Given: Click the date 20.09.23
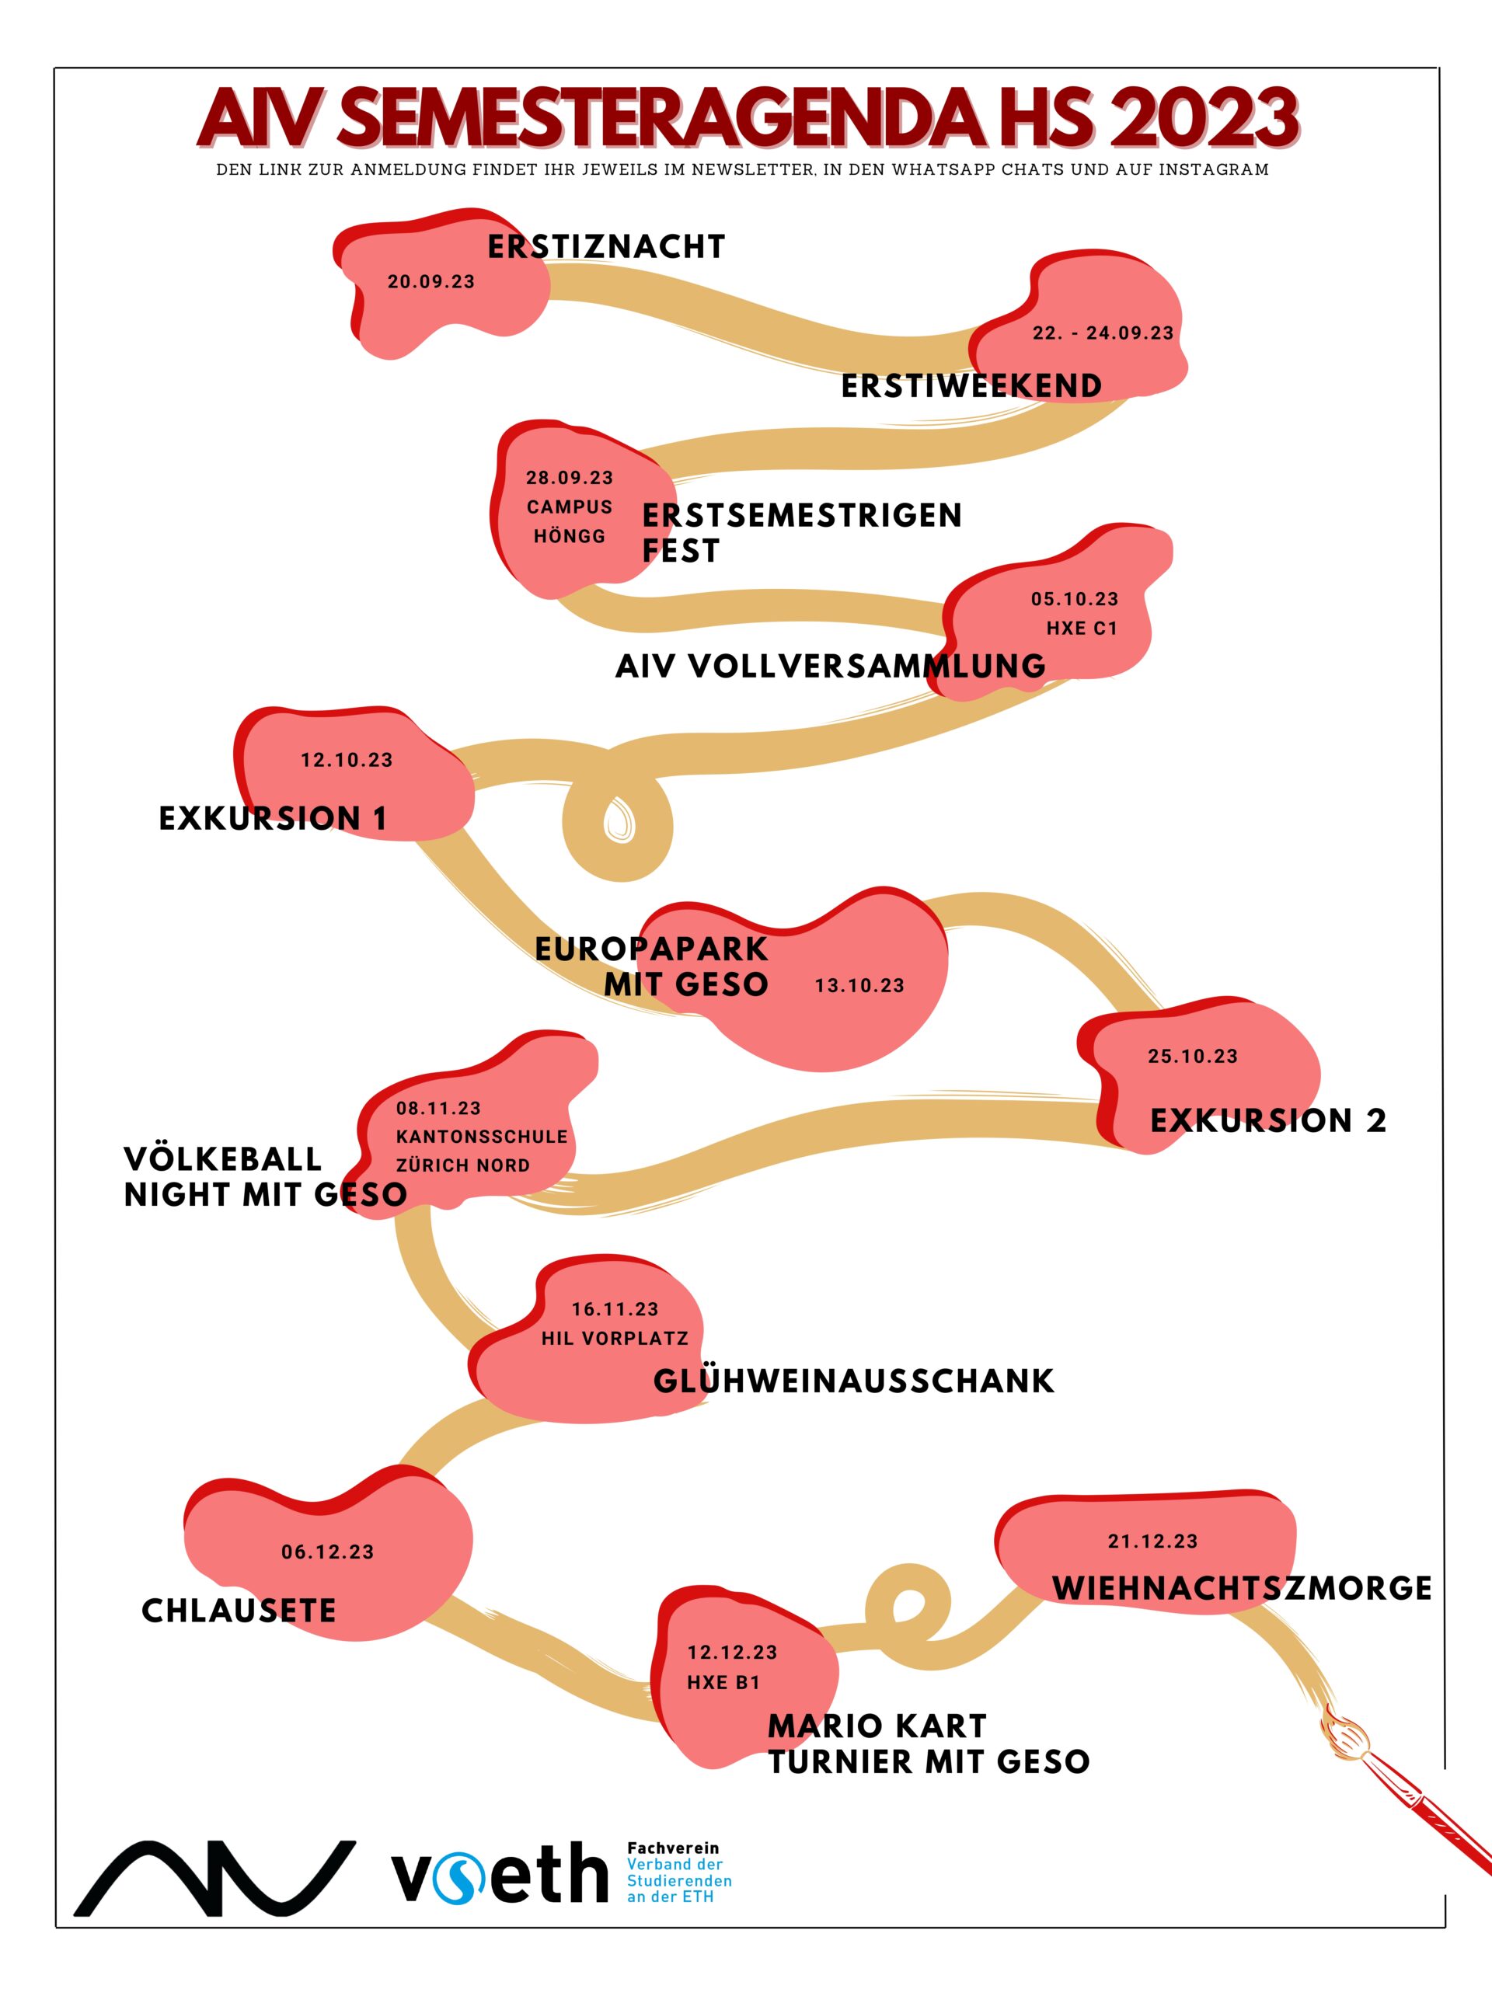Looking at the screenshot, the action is tap(431, 281).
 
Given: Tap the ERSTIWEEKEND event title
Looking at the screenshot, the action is tap(971, 385).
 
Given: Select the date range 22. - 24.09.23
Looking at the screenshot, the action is tap(1103, 333).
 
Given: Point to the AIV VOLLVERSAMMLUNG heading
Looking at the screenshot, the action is tap(831, 667).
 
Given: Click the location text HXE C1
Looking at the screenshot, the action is tap(1082, 629).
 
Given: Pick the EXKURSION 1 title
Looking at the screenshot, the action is tap(274, 818).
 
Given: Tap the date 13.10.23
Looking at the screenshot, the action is tap(859, 985).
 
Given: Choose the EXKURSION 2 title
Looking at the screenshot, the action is tap(1268, 1120).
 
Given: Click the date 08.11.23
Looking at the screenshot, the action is tap(439, 1109).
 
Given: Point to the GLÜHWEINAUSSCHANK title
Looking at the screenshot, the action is tap(853, 1381).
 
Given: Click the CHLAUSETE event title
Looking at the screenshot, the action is tap(239, 1611).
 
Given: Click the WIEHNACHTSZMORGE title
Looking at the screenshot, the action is tap(1242, 1588).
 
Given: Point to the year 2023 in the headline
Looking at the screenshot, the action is tap(1205, 118).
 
